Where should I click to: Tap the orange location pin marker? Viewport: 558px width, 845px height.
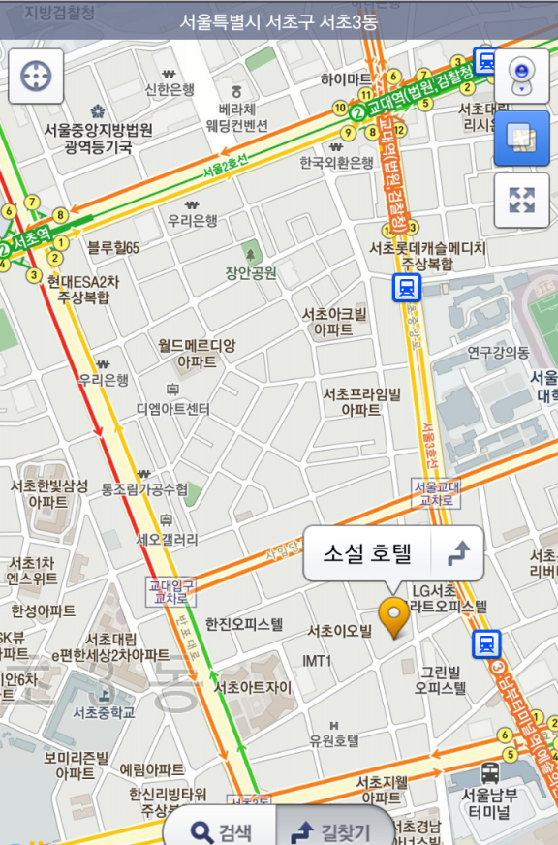[x=393, y=616]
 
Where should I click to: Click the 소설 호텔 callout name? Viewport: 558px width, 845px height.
[x=367, y=553]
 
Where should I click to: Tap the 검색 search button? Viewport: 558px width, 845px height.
[x=221, y=831]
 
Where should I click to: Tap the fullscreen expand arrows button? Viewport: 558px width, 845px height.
[x=521, y=201]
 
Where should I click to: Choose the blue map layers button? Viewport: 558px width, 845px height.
[x=521, y=139]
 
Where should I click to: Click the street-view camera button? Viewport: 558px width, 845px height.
[x=521, y=75]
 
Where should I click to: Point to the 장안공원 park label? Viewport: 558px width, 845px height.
[x=251, y=272]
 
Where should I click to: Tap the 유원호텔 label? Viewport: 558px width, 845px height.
[x=334, y=740]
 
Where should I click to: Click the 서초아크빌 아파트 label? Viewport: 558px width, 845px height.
[x=334, y=322]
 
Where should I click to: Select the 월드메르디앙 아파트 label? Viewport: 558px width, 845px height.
[x=197, y=353]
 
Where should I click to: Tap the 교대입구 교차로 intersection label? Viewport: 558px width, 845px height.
[x=170, y=591]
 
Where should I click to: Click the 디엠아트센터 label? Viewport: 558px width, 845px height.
[x=173, y=409]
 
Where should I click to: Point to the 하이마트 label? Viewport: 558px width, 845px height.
[x=346, y=78]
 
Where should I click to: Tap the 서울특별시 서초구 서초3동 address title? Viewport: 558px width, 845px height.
[x=279, y=20]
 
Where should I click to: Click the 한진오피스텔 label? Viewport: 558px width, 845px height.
[x=244, y=625]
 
